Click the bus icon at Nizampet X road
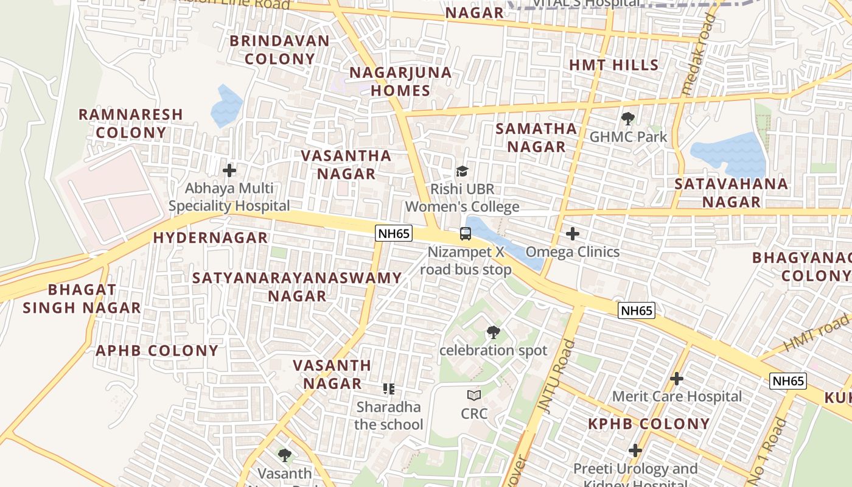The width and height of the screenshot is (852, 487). pyautogui.click(x=466, y=234)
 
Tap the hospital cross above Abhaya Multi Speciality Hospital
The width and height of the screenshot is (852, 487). pyautogui.click(x=229, y=170)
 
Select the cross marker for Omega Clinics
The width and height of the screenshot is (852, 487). pyautogui.click(x=572, y=234)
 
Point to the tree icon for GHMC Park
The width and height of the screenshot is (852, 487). pyautogui.click(x=627, y=119)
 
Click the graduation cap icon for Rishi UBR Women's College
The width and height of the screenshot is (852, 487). pyautogui.click(x=463, y=171)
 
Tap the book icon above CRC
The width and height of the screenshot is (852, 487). pyautogui.click(x=474, y=396)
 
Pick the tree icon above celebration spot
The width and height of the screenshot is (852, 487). pyautogui.click(x=493, y=332)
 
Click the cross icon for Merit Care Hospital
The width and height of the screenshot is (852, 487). pyautogui.click(x=676, y=379)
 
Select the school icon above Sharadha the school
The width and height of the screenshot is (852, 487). pyautogui.click(x=389, y=388)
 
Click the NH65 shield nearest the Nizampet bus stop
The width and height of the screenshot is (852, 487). pyautogui.click(x=394, y=233)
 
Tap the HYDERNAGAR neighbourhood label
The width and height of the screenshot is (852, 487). pyautogui.click(x=210, y=238)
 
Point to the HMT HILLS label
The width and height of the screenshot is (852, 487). pyautogui.click(x=613, y=65)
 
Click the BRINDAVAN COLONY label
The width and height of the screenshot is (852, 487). pyautogui.click(x=279, y=50)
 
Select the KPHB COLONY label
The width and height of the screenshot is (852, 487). pyautogui.click(x=649, y=424)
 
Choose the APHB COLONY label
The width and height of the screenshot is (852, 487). pyautogui.click(x=157, y=351)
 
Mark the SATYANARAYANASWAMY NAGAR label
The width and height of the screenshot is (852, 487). pyautogui.click(x=297, y=287)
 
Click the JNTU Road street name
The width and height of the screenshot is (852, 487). pyautogui.click(x=551, y=377)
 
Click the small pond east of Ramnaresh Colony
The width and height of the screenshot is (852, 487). pyautogui.click(x=226, y=107)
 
